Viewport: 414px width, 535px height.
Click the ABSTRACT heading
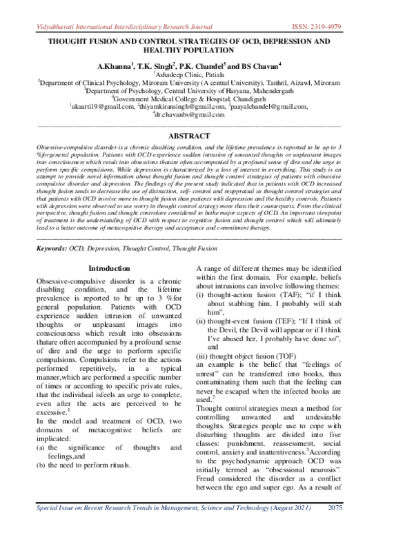coord(207,137)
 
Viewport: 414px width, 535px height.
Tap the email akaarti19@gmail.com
coord(101,106)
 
